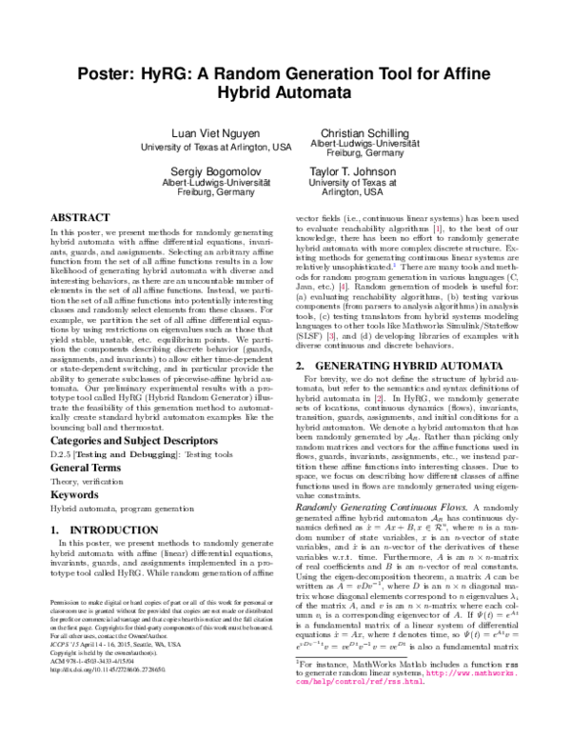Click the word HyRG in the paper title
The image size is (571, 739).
tap(168, 51)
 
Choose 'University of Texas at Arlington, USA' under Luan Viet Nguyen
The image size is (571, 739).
tap(216, 148)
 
